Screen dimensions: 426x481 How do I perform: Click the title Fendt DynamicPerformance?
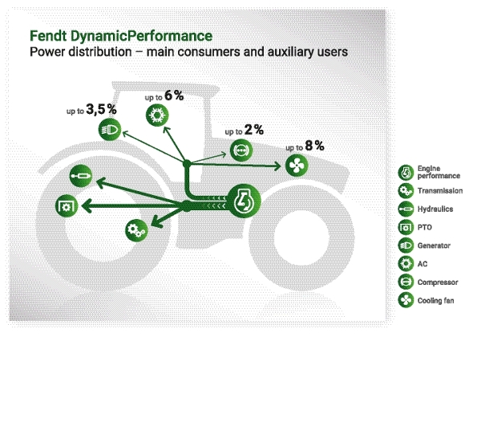tap(120, 37)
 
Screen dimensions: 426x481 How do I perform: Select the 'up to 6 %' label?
tap(164, 97)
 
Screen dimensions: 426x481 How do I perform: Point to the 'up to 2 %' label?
tap(244, 130)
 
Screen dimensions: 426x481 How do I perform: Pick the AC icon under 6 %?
tap(156, 116)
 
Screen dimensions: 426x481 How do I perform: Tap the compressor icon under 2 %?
tap(240, 149)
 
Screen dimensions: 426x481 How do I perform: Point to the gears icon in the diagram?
tap(135, 230)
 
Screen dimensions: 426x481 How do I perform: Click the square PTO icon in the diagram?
tap(66, 205)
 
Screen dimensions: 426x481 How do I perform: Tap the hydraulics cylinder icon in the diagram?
tap(81, 173)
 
